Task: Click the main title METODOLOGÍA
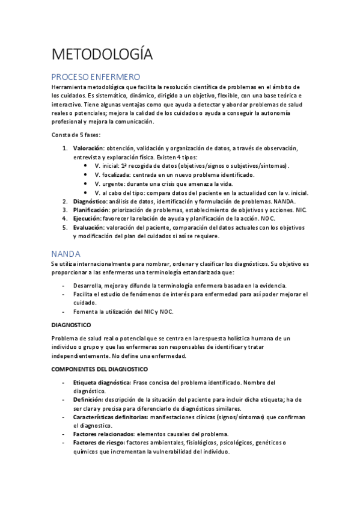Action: (102, 54)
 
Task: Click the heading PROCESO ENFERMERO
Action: (96, 77)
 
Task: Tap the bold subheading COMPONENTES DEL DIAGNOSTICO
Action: (100, 369)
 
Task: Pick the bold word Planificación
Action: (90, 210)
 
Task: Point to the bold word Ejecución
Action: (87, 219)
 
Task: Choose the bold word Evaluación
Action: (88, 228)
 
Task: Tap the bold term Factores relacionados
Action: (103, 434)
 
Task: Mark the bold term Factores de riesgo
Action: (99, 443)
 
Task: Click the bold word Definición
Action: (88, 399)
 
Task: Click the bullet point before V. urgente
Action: (88, 183)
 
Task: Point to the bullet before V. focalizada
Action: (88, 174)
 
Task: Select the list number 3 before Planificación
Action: (65, 210)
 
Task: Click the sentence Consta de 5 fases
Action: (76, 134)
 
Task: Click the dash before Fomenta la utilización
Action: (64, 312)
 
